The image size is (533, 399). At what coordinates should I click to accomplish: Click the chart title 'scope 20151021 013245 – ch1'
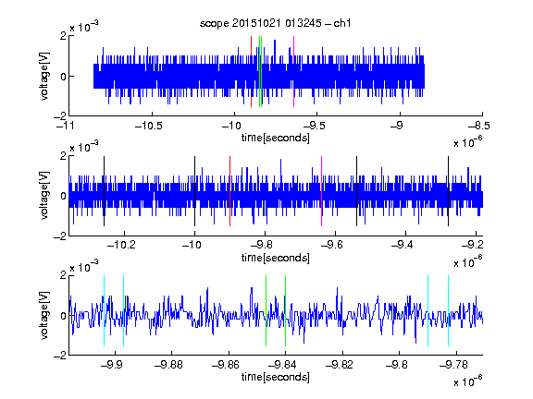coord(276,23)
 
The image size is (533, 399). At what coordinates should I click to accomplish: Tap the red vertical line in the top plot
coord(251,71)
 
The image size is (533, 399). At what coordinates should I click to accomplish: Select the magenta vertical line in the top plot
coord(293,71)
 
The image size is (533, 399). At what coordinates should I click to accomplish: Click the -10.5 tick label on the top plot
coord(149,126)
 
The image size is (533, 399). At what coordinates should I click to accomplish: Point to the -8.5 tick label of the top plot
coord(479,126)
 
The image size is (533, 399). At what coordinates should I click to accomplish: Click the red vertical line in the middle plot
coord(229,191)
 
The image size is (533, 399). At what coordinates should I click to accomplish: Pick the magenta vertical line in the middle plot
coord(322,191)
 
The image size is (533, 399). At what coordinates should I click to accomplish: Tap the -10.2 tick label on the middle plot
coord(121,244)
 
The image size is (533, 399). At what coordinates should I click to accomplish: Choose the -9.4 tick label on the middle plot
coord(403,244)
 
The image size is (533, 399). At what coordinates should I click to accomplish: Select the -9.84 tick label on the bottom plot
coord(282,365)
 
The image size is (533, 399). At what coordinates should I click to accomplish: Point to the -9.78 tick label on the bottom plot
coord(453,365)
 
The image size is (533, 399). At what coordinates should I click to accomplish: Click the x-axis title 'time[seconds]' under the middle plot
coord(276,258)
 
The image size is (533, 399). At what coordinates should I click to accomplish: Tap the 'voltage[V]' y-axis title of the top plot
coord(44,76)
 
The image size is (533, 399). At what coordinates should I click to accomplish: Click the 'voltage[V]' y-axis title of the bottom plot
coord(44,315)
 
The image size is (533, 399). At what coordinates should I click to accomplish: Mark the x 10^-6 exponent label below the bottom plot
coord(468,381)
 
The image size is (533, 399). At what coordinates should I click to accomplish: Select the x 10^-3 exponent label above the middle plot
coord(84,147)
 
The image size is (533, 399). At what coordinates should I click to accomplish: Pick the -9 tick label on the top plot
coord(396,126)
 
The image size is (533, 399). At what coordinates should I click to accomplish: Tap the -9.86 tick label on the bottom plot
coord(226,365)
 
